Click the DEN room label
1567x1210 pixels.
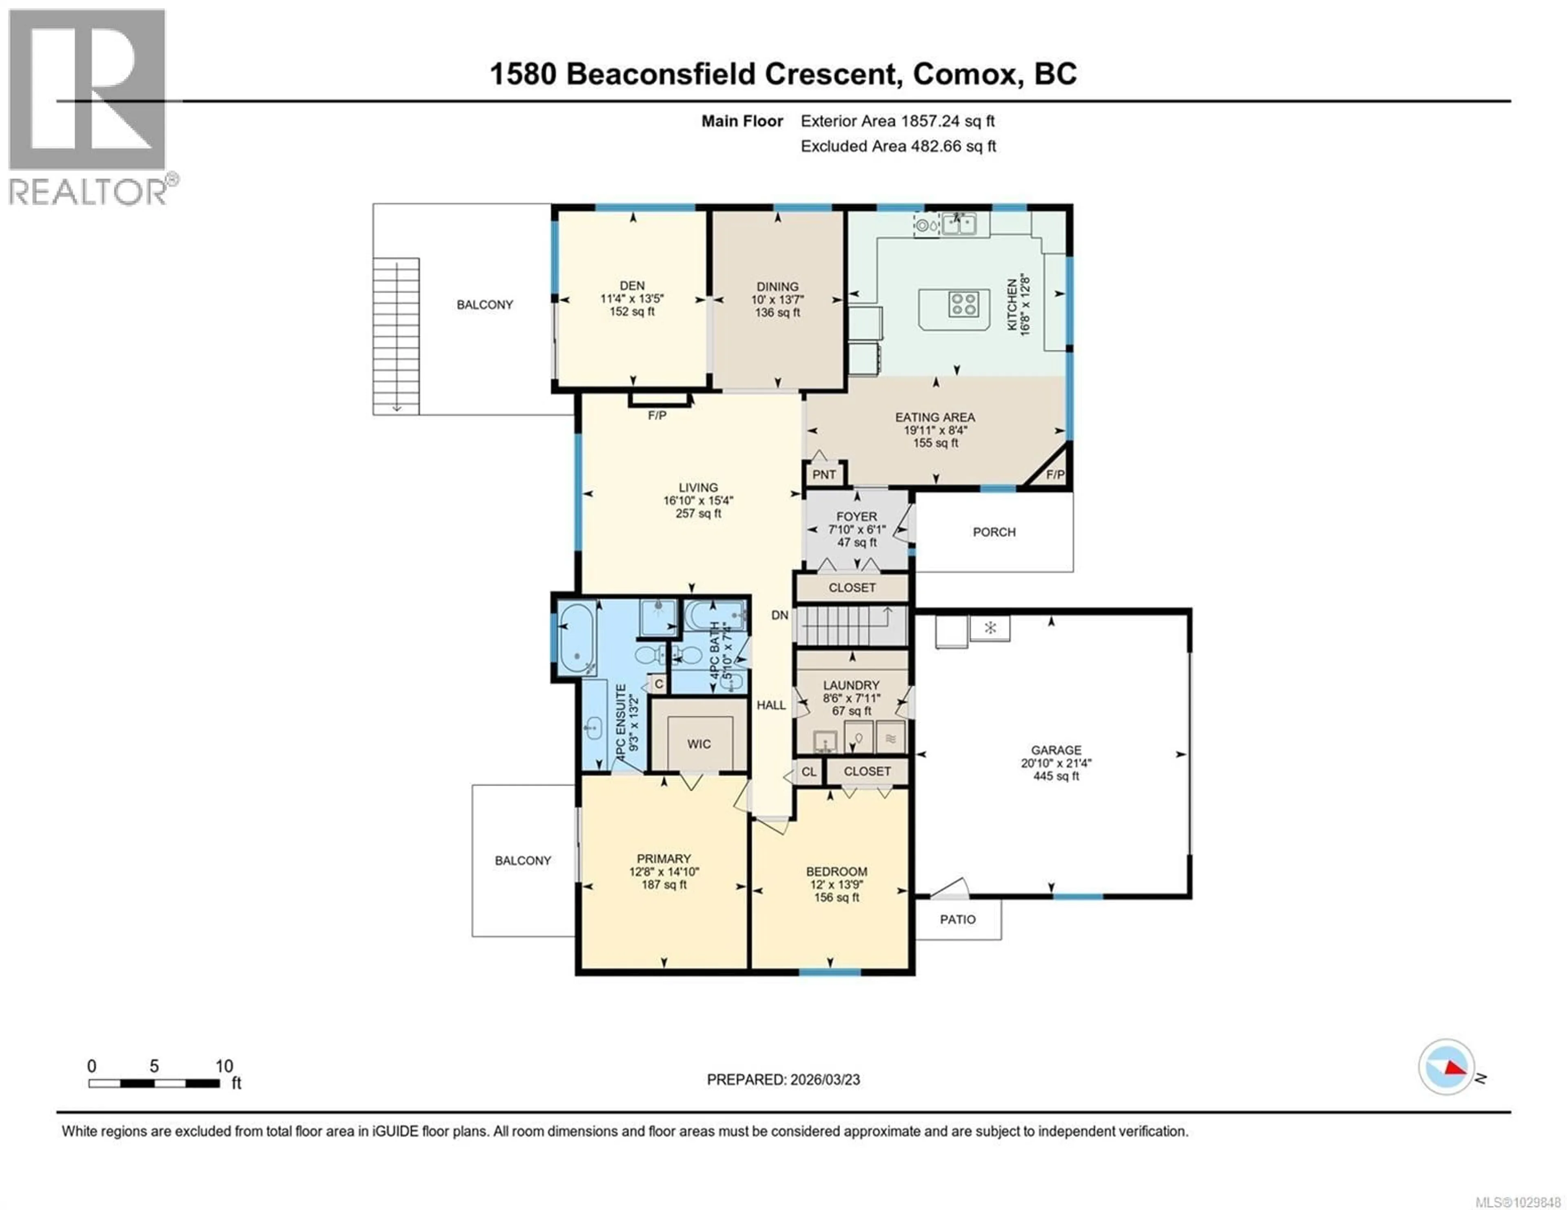point(632,285)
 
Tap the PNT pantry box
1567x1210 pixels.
point(823,475)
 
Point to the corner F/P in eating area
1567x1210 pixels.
point(1055,475)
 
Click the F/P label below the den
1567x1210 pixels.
point(657,415)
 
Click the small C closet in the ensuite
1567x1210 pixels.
point(659,684)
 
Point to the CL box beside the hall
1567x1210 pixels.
point(809,772)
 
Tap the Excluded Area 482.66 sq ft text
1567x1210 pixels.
point(898,146)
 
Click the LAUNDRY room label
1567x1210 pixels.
point(851,685)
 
